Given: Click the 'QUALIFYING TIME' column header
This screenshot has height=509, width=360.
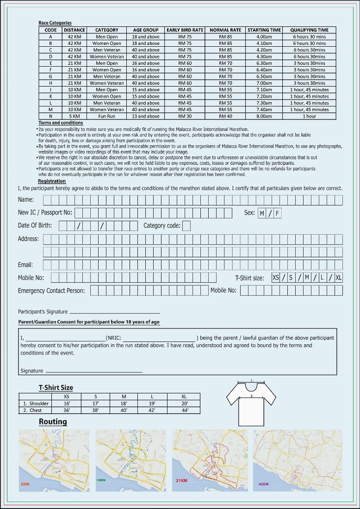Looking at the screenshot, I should pos(309,30).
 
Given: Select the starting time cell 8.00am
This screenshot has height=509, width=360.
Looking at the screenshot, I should pos(264,117).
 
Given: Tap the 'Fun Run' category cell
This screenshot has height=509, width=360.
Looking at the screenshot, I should pos(106,117).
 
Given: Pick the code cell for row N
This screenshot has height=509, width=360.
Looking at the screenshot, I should pos(50,117).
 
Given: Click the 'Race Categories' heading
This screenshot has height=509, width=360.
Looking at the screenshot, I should pos(55,23).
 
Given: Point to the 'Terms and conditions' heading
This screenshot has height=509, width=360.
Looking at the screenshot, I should pos(61,123).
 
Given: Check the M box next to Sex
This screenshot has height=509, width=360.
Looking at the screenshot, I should pos(262,213).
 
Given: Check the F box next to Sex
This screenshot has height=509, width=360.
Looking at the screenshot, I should pos(277,213).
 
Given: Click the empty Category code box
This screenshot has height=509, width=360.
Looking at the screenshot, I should pos(186,226).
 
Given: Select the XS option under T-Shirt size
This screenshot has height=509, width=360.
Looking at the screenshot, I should pos(276,278).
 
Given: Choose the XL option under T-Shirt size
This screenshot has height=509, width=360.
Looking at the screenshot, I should pos(339,278).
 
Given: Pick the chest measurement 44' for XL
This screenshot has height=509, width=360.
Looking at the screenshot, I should pos(185,410).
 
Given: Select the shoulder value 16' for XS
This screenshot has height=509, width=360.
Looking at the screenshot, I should pos(67,403).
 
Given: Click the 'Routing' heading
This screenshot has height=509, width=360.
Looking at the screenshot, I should pos(53,422).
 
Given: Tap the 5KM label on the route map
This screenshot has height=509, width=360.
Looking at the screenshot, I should pos(25,484).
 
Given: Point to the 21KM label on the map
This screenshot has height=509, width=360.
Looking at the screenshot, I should pos(181,481).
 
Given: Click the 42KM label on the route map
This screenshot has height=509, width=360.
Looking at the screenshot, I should pos(263,484).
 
